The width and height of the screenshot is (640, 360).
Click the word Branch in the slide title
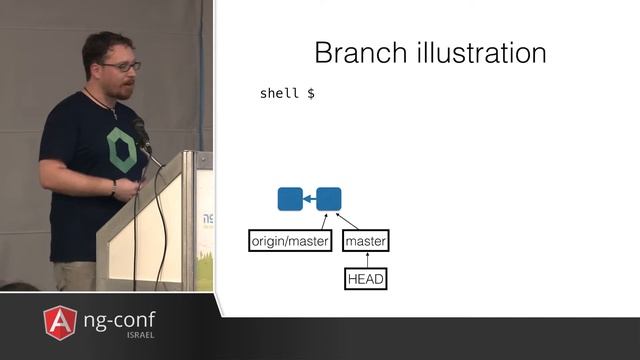361,52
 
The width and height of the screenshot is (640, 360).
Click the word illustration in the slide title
479,52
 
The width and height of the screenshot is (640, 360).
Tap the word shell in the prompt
279,93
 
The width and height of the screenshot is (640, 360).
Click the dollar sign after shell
311,93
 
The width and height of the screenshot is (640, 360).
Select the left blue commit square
290,199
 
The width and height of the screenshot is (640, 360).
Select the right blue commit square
329,199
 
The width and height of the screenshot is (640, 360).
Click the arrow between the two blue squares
309,199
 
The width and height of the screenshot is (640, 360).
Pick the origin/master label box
289,241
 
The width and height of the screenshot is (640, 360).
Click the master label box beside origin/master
365,241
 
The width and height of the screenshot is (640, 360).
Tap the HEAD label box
365,279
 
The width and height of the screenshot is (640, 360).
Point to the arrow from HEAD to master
365,260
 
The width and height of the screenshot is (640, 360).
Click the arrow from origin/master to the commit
321,221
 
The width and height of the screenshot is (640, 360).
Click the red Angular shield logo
60,322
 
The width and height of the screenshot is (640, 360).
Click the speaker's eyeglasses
122,67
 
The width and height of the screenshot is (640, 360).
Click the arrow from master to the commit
347,221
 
